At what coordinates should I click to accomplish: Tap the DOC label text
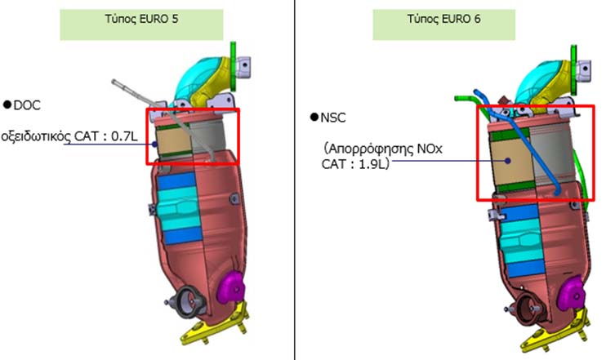tap(27, 105)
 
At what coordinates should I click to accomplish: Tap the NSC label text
tap(333, 118)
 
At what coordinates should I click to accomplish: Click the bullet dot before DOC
tap(7, 105)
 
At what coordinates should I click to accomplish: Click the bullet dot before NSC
tap(314, 118)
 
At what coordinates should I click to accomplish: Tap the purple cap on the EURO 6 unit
tap(573, 291)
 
